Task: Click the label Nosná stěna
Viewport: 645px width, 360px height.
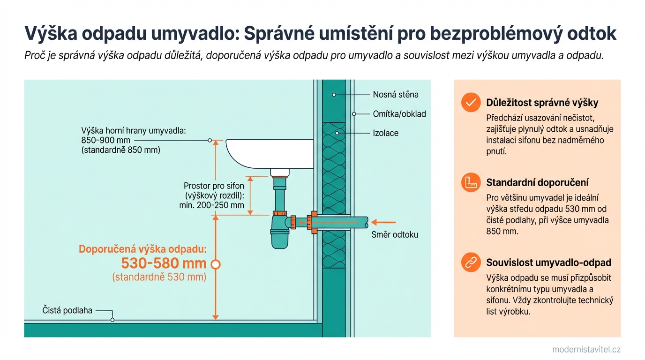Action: [395, 95]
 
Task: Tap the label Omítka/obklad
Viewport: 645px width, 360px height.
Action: [399, 114]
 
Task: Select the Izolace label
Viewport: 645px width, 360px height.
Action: [385, 133]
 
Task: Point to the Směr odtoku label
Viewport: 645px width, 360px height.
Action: [394, 235]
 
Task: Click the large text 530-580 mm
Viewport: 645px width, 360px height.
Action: [164, 263]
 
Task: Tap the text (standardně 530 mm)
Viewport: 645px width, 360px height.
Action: [159, 277]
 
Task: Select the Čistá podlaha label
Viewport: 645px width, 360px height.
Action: [67, 310]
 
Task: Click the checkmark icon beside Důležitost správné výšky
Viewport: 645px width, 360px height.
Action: [471, 102]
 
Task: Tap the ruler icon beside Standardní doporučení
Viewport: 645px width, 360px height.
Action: [471, 182]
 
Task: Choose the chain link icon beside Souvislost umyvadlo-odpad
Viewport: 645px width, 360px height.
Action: [471, 262]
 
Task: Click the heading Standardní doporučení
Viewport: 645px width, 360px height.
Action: [537, 183]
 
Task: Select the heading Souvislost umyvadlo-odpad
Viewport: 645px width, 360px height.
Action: [548, 263]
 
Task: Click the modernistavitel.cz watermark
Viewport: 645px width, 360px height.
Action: [586, 350]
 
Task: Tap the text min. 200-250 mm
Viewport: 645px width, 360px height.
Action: [211, 205]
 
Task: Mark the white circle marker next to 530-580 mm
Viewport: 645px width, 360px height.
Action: [216, 264]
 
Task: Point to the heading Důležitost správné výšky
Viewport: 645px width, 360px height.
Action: [542, 103]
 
